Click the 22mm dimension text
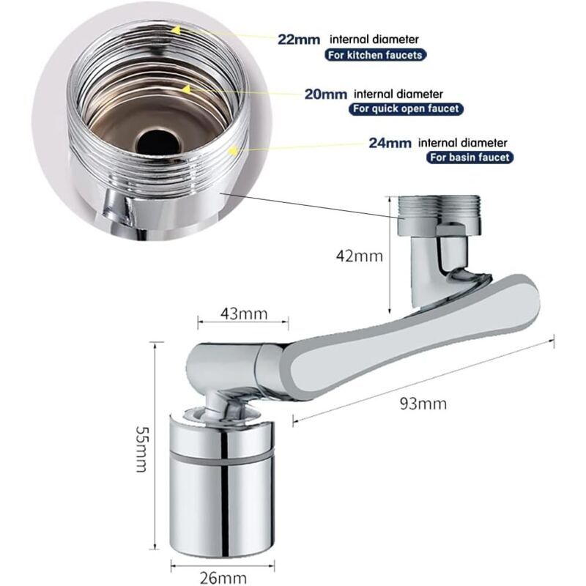click(299, 40)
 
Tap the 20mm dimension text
click(325, 94)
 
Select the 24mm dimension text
click(390, 143)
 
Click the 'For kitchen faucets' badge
click(375, 56)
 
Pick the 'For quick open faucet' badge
click(406, 108)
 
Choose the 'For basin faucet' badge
click(470, 157)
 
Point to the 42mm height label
click(360, 256)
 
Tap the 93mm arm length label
click(423, 404)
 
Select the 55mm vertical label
click(141, 448)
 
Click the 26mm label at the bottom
click(223, 578)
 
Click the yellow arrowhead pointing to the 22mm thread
click(176, 29)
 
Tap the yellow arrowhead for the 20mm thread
click(186, 89)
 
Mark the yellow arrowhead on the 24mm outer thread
click(233, 151)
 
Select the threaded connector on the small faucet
click(439, 215)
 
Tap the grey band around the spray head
click(223, 459)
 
